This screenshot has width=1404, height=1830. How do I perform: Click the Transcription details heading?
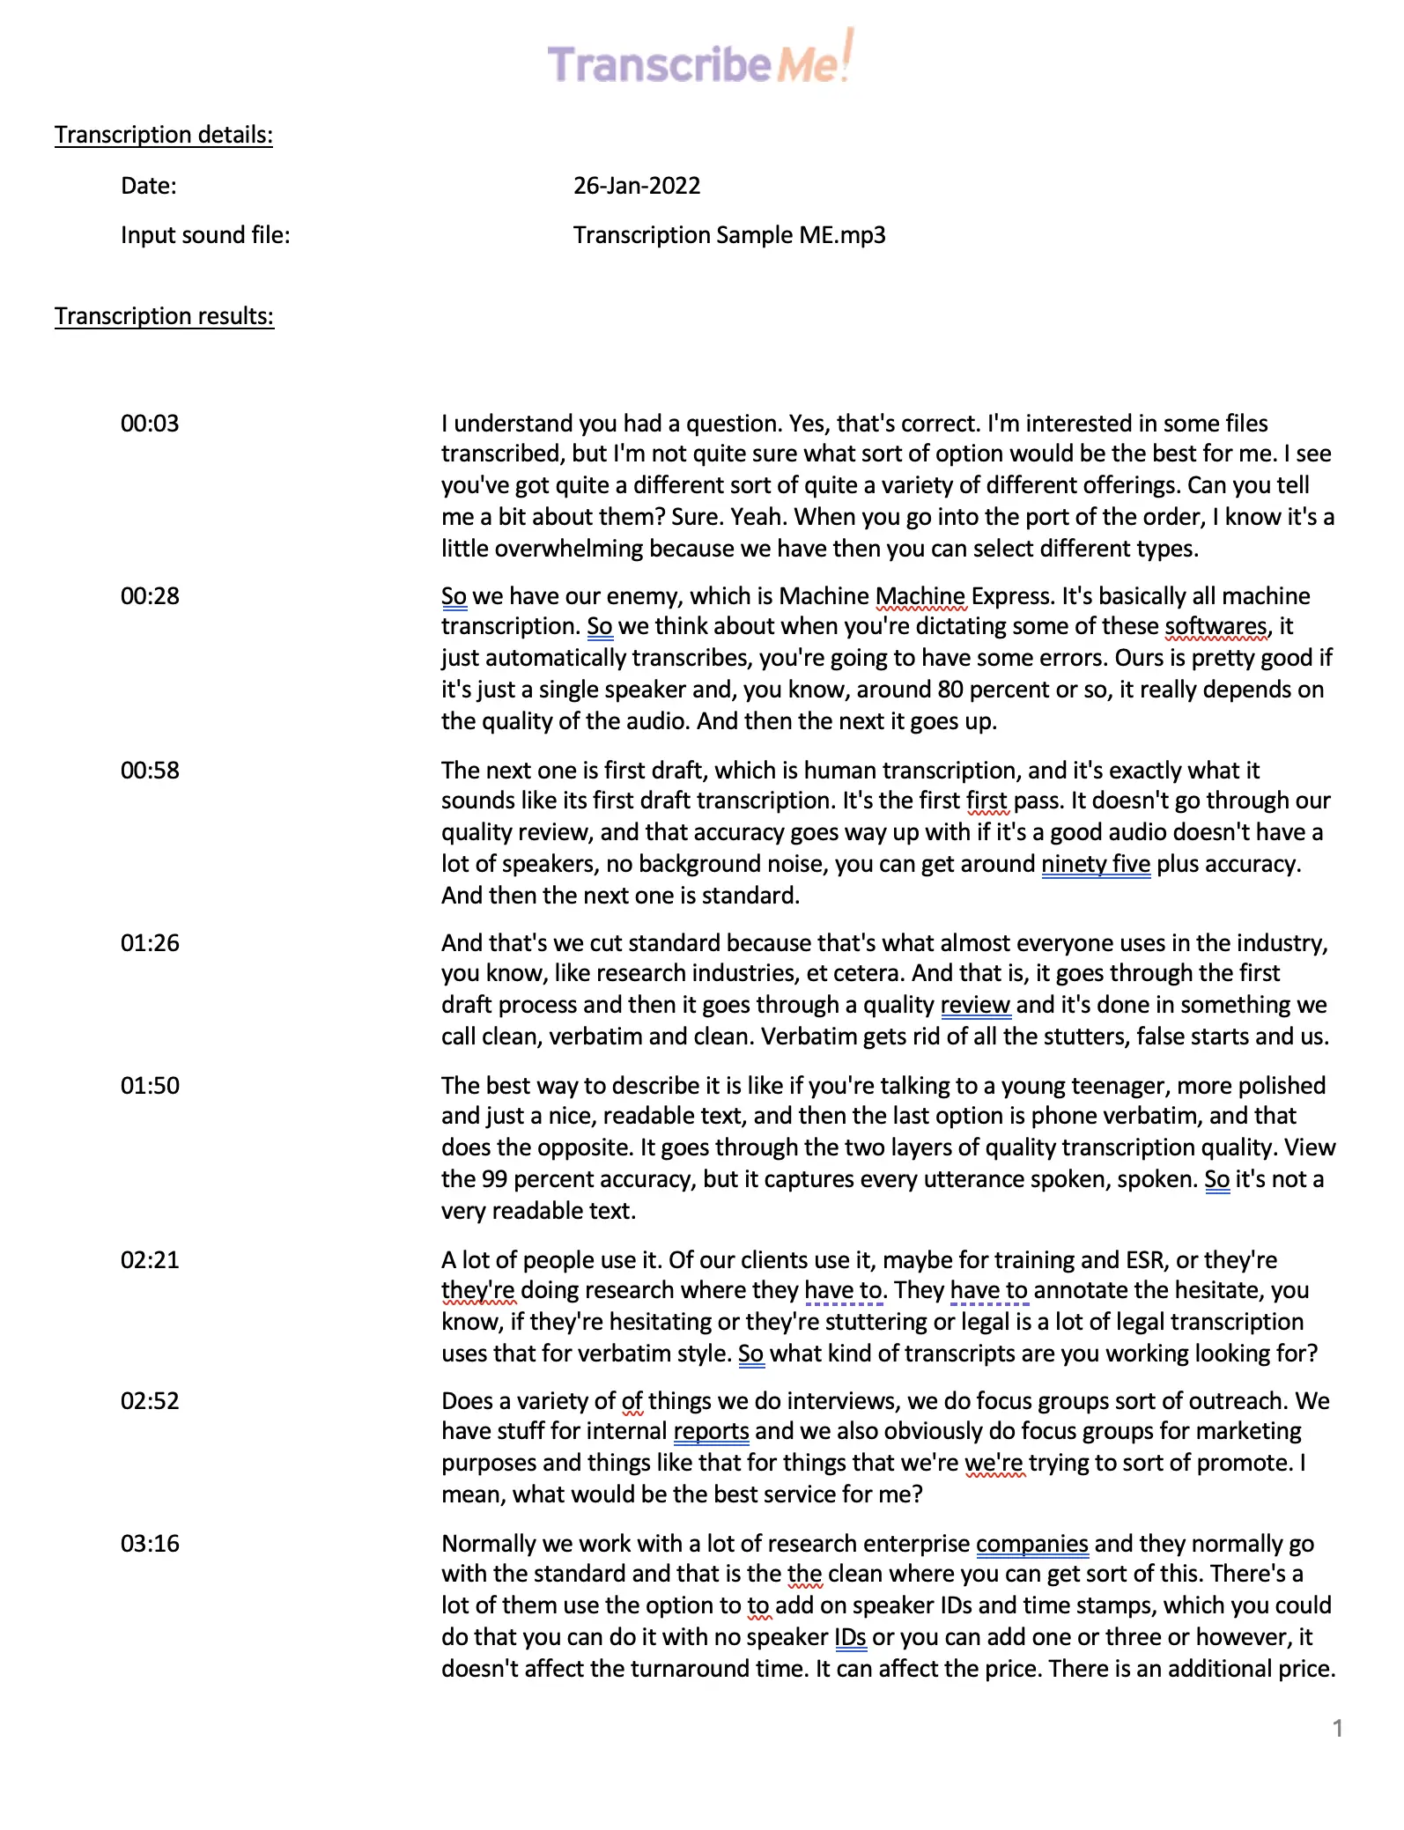pos(164,135)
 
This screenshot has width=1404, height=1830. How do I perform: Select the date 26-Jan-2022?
pos(636,186)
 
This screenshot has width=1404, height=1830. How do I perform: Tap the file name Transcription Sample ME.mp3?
pos(728,235)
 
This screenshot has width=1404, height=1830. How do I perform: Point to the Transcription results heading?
pos(164,316)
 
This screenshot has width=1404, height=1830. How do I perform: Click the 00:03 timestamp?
pos(150,424)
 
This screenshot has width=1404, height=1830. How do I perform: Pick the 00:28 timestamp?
pos(150,596)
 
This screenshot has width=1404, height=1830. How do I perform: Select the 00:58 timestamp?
pos(150,771)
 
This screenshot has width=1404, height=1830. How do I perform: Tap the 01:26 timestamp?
pos(150,943)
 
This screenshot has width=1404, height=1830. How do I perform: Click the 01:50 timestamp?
pos(150,1086)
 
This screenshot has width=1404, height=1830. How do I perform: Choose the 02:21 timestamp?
pos(150,1260)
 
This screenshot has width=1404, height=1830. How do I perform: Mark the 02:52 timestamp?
pos(150,1401)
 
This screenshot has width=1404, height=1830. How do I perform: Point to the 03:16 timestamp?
pos(150,1544)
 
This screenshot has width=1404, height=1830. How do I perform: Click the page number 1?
pos(1337,1728)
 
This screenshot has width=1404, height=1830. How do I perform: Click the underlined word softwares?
pos(1216,626)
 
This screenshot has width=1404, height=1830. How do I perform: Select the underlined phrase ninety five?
pos(1095,864)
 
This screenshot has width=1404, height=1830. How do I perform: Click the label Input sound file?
pos(205,235)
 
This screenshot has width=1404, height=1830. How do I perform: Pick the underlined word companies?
pos(1031,1544)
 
